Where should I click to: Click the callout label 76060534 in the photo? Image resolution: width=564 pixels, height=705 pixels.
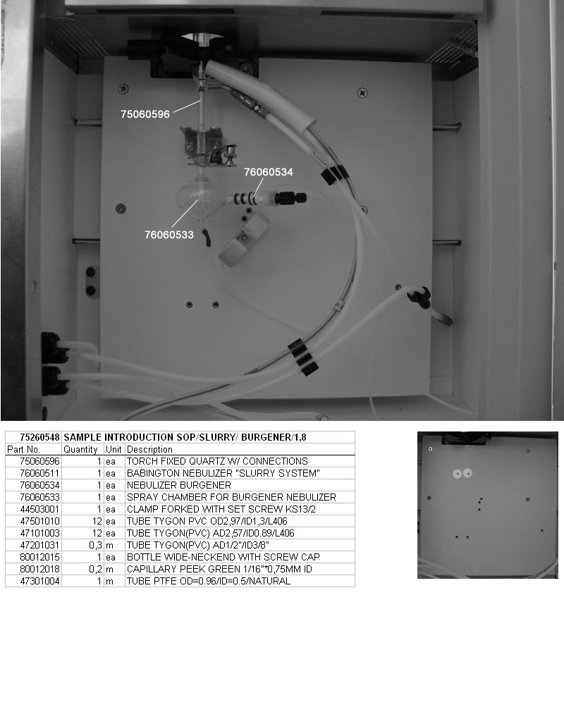point(269,171)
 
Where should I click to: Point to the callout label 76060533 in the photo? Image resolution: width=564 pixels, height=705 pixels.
point(168,235)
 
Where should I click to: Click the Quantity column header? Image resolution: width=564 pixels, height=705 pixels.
point(80,449)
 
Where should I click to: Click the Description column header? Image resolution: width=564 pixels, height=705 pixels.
point(149,449)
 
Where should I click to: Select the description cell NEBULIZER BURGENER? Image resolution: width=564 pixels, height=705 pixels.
point(179,485)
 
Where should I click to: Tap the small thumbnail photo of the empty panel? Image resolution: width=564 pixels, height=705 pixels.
point(487,505)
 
